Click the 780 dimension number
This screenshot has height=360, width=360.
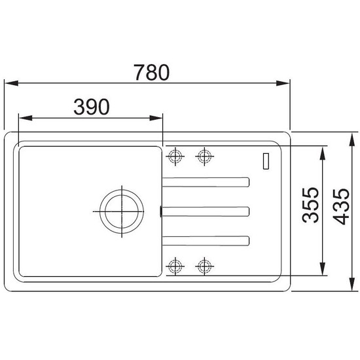click(x=152, y=73)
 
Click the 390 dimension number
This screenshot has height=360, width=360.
click(x=92, y=107)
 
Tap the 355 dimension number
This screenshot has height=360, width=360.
click(x=310, y=205)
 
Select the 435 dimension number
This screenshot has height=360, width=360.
click(x=341, y=207)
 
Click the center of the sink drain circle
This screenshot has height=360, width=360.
click(x=122, y=211)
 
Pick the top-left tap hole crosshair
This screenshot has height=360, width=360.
click(x=175, y=156)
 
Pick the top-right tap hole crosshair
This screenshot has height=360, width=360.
click(x=205, y=156)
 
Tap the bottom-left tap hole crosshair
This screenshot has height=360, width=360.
click(x=175, y=266)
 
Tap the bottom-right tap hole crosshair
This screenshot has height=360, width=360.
click(x=205, y=266)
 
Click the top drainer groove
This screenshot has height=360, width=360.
click(x=206, y=182)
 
